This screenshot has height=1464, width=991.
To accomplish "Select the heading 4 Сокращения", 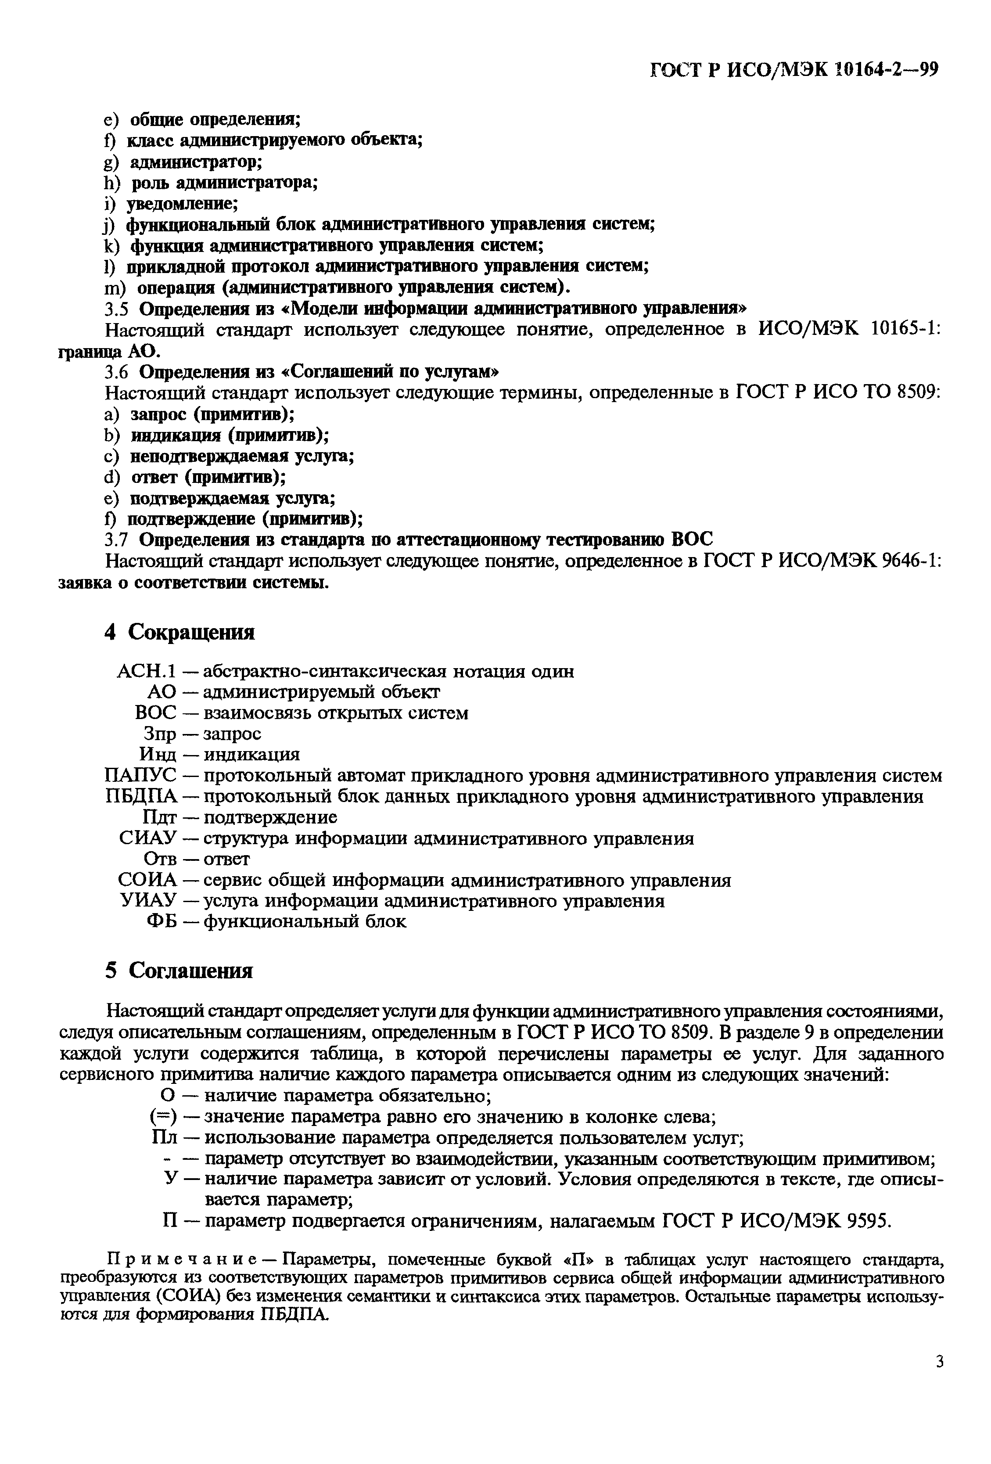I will (x=180, y=632).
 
